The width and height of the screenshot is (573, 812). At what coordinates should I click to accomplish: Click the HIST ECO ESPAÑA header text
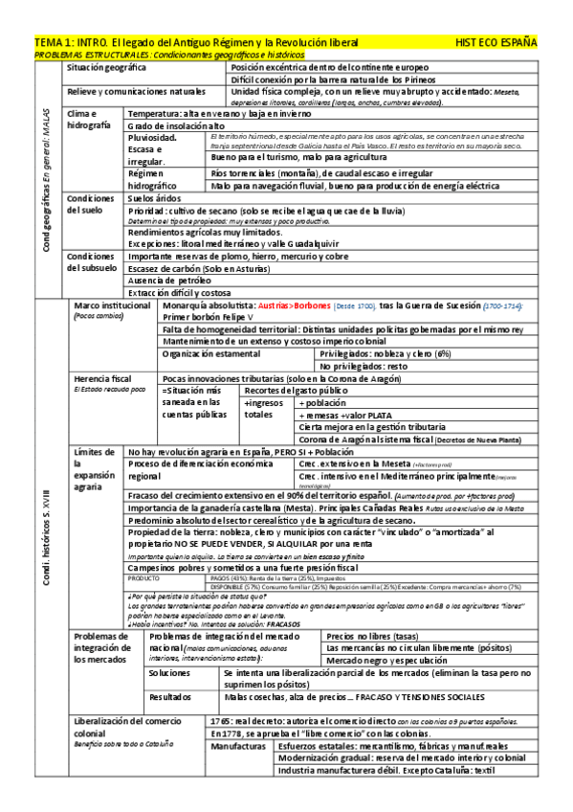tap(497, 43)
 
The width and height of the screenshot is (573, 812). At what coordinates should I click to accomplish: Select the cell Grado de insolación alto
tap(176, 125)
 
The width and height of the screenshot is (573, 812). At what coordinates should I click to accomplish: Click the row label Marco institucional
tap(112, 304)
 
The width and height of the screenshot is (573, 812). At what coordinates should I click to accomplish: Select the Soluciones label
tap(170, 674)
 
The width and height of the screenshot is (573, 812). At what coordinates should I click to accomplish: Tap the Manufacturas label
tap(239, 744)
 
